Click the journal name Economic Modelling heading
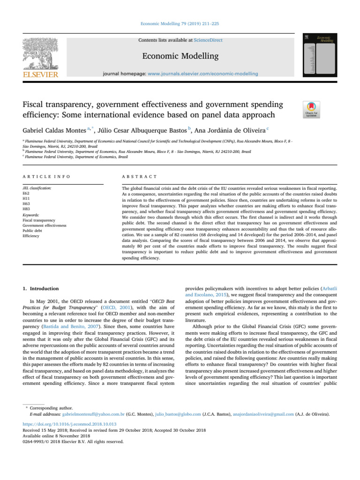(180, 56)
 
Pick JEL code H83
(27, 209)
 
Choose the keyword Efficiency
(32, 237)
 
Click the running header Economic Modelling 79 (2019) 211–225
(180, 22)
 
